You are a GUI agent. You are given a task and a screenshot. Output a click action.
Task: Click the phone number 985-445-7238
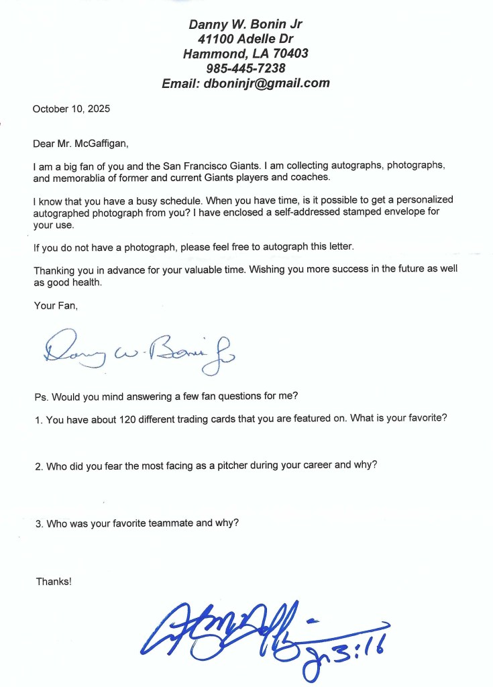click(246, 68)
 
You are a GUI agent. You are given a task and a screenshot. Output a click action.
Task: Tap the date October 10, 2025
click(72, 109)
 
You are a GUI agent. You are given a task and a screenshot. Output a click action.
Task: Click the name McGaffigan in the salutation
click(99, 143)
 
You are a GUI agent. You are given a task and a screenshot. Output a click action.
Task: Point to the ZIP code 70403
click(290, 54)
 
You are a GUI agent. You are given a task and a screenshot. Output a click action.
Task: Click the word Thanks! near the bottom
click(54, 582)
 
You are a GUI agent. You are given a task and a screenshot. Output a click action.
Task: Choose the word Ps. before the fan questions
click(40, 396)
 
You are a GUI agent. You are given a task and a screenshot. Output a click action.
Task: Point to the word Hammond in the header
click(211, 54)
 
